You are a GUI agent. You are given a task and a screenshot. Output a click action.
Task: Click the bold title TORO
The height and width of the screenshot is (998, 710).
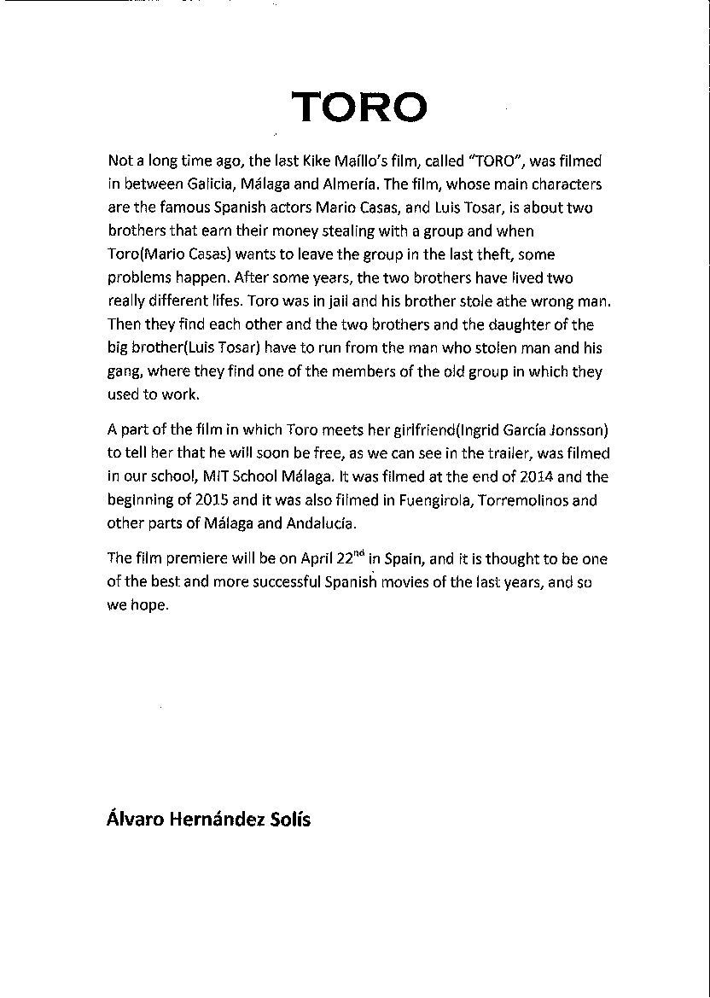(x=359, y=108)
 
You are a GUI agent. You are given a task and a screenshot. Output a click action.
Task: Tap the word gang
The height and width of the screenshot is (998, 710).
(x=125, y=373)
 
